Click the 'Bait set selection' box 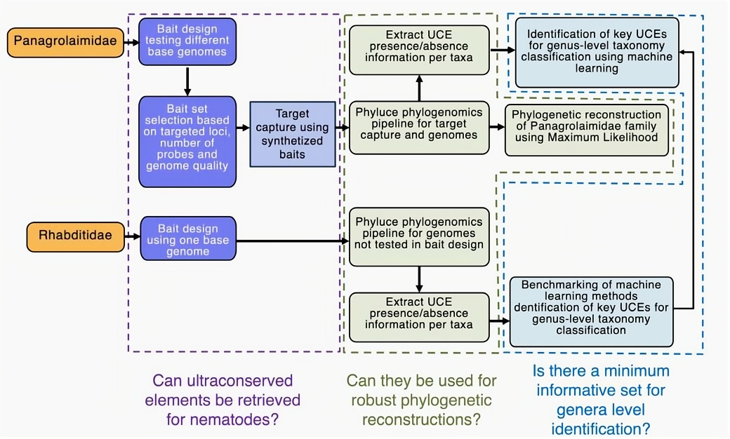[187, 142]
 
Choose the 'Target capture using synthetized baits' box [292, 133]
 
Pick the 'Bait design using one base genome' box [187, 240]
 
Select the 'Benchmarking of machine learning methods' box [591, 311]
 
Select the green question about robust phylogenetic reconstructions [421, 400]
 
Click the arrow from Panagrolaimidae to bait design [128, 43]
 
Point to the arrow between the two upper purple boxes [187, 81]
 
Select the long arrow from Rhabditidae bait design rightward [291, 241]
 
